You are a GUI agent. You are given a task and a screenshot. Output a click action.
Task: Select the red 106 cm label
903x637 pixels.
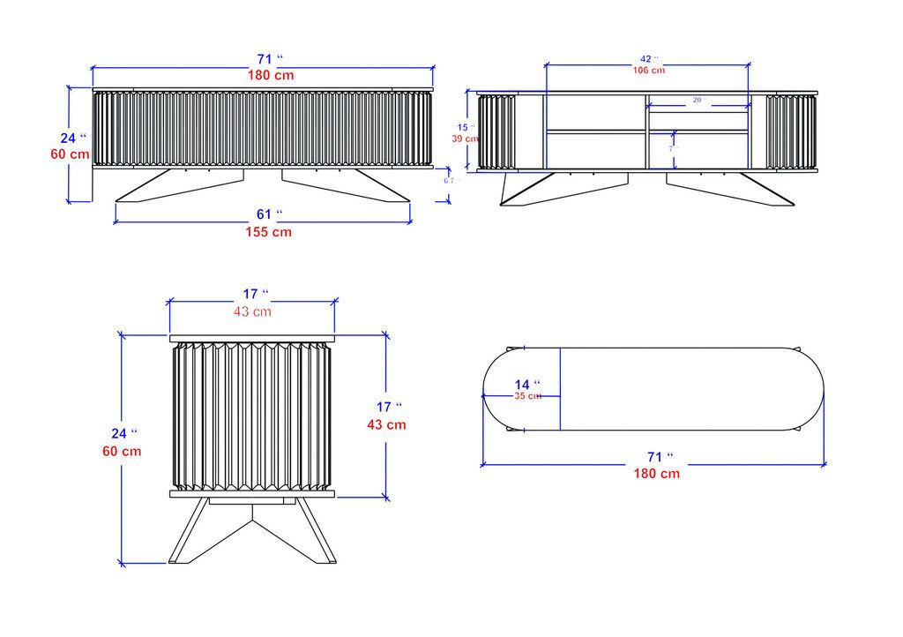point(648,71)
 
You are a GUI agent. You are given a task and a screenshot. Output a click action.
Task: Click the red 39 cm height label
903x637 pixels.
point(465,139)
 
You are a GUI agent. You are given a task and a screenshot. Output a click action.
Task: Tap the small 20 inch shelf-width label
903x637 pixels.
point(698,101)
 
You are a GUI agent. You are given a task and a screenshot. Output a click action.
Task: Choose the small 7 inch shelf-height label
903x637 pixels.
point(671,149)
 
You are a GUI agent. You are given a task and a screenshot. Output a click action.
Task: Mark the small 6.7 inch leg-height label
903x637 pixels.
point(450,180)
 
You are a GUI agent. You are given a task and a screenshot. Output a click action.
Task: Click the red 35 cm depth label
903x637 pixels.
point(527,396)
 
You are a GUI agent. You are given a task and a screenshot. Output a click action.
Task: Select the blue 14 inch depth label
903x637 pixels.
point(526,385)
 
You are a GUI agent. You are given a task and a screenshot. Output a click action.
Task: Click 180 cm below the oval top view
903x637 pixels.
point(656,473)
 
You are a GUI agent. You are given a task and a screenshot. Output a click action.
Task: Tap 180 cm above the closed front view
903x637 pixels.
point(270,75)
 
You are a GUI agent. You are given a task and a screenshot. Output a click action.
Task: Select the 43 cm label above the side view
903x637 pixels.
point(252,311)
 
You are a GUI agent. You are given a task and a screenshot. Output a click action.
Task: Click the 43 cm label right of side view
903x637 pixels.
point(386,424)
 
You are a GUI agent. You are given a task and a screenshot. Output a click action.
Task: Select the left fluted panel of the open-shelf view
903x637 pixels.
point(496,131)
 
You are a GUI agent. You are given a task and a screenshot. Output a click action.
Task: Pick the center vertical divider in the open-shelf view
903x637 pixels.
point(647,131)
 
